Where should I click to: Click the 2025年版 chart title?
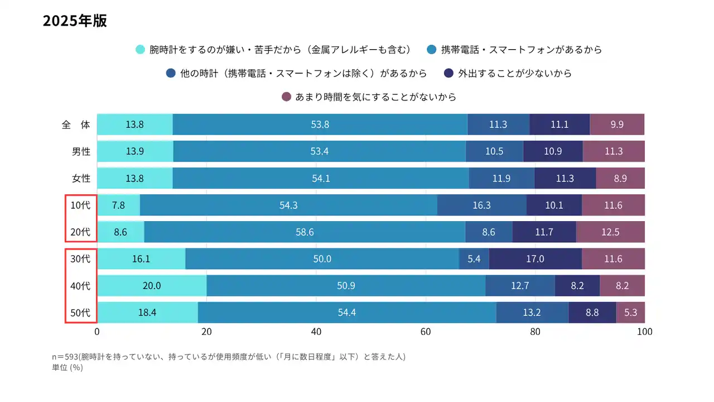point(75,21)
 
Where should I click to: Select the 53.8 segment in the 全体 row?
point(320,125)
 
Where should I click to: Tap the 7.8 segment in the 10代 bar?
point(118,205)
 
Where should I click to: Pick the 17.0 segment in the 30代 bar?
point(535,259)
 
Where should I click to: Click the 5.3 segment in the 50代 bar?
point(630,313)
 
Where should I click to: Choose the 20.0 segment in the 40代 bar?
point(152,286)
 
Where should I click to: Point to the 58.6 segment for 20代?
point(305,232)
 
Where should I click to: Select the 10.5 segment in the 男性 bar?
point(494,151)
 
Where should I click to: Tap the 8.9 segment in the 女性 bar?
point(620,178)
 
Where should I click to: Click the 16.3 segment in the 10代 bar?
point(481,205)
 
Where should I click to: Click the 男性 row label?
point(81,151)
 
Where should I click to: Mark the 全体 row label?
point(76,125)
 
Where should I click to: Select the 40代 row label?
point(80,286)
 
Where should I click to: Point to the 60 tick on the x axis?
point(426,332)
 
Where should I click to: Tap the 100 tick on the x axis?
point(644,332)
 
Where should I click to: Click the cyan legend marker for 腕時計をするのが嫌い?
point(141,49)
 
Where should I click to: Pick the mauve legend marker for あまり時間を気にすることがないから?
point(287,97)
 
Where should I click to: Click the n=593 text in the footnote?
point(65,357)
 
